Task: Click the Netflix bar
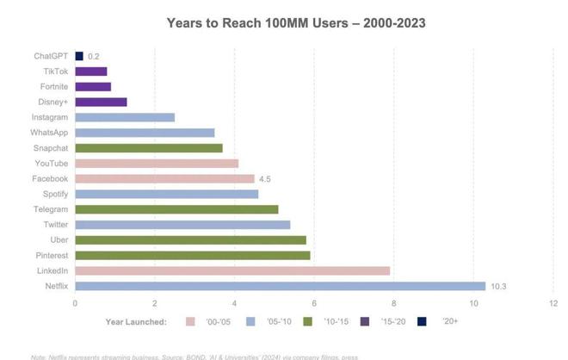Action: pos(280,286)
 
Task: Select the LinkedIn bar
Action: pos(232,270)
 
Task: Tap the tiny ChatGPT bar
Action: pos(78,56)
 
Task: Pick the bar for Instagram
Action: pos(125,117)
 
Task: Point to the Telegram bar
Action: pos(176,209)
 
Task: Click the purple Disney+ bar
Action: pos(101,102)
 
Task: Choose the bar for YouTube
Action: pos(157,164)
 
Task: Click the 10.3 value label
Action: pos(498,286)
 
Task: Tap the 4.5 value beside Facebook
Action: pos(265,179)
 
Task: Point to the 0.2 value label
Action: pos(94,56)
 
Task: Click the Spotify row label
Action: pos(54,194)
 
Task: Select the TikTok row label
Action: pos(56,71)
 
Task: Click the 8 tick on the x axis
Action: pos(394,303)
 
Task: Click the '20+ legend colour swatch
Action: pos(422,321)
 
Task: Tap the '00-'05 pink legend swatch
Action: pos(191,321)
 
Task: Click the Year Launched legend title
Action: pos(136,321)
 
